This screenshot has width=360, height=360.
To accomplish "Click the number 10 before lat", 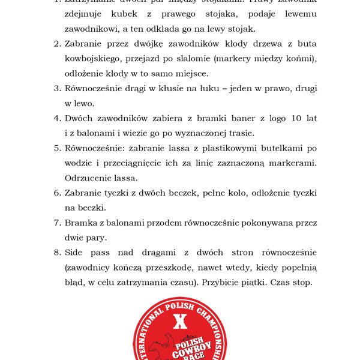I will [296, 118].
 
